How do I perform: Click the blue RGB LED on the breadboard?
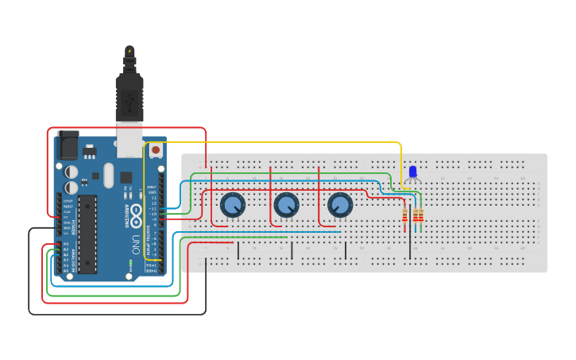tap(412, 172)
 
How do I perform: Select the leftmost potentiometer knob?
tap(232, 206)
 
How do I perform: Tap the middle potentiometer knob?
tap(286, 206)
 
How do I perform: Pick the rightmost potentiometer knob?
tap(339, 205)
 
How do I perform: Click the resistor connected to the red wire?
tap(407, 215)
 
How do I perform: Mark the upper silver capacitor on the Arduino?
tap(72, 171)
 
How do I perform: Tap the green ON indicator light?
tap(130, 263)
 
